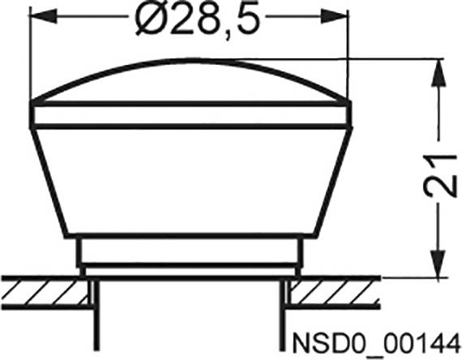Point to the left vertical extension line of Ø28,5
(30, 57)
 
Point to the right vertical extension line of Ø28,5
(348, 57)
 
